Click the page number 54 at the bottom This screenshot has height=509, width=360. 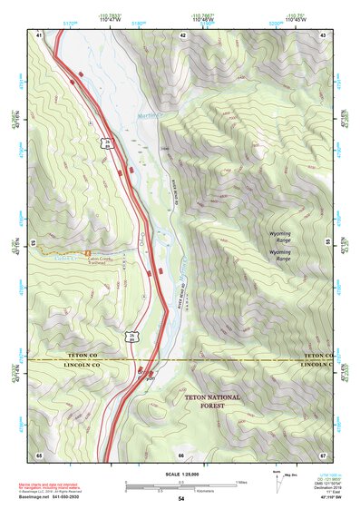click(x=180, y=499)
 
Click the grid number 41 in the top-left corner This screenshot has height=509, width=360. click(x=39, y=34)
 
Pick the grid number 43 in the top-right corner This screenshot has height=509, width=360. click(x=322, y=34)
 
